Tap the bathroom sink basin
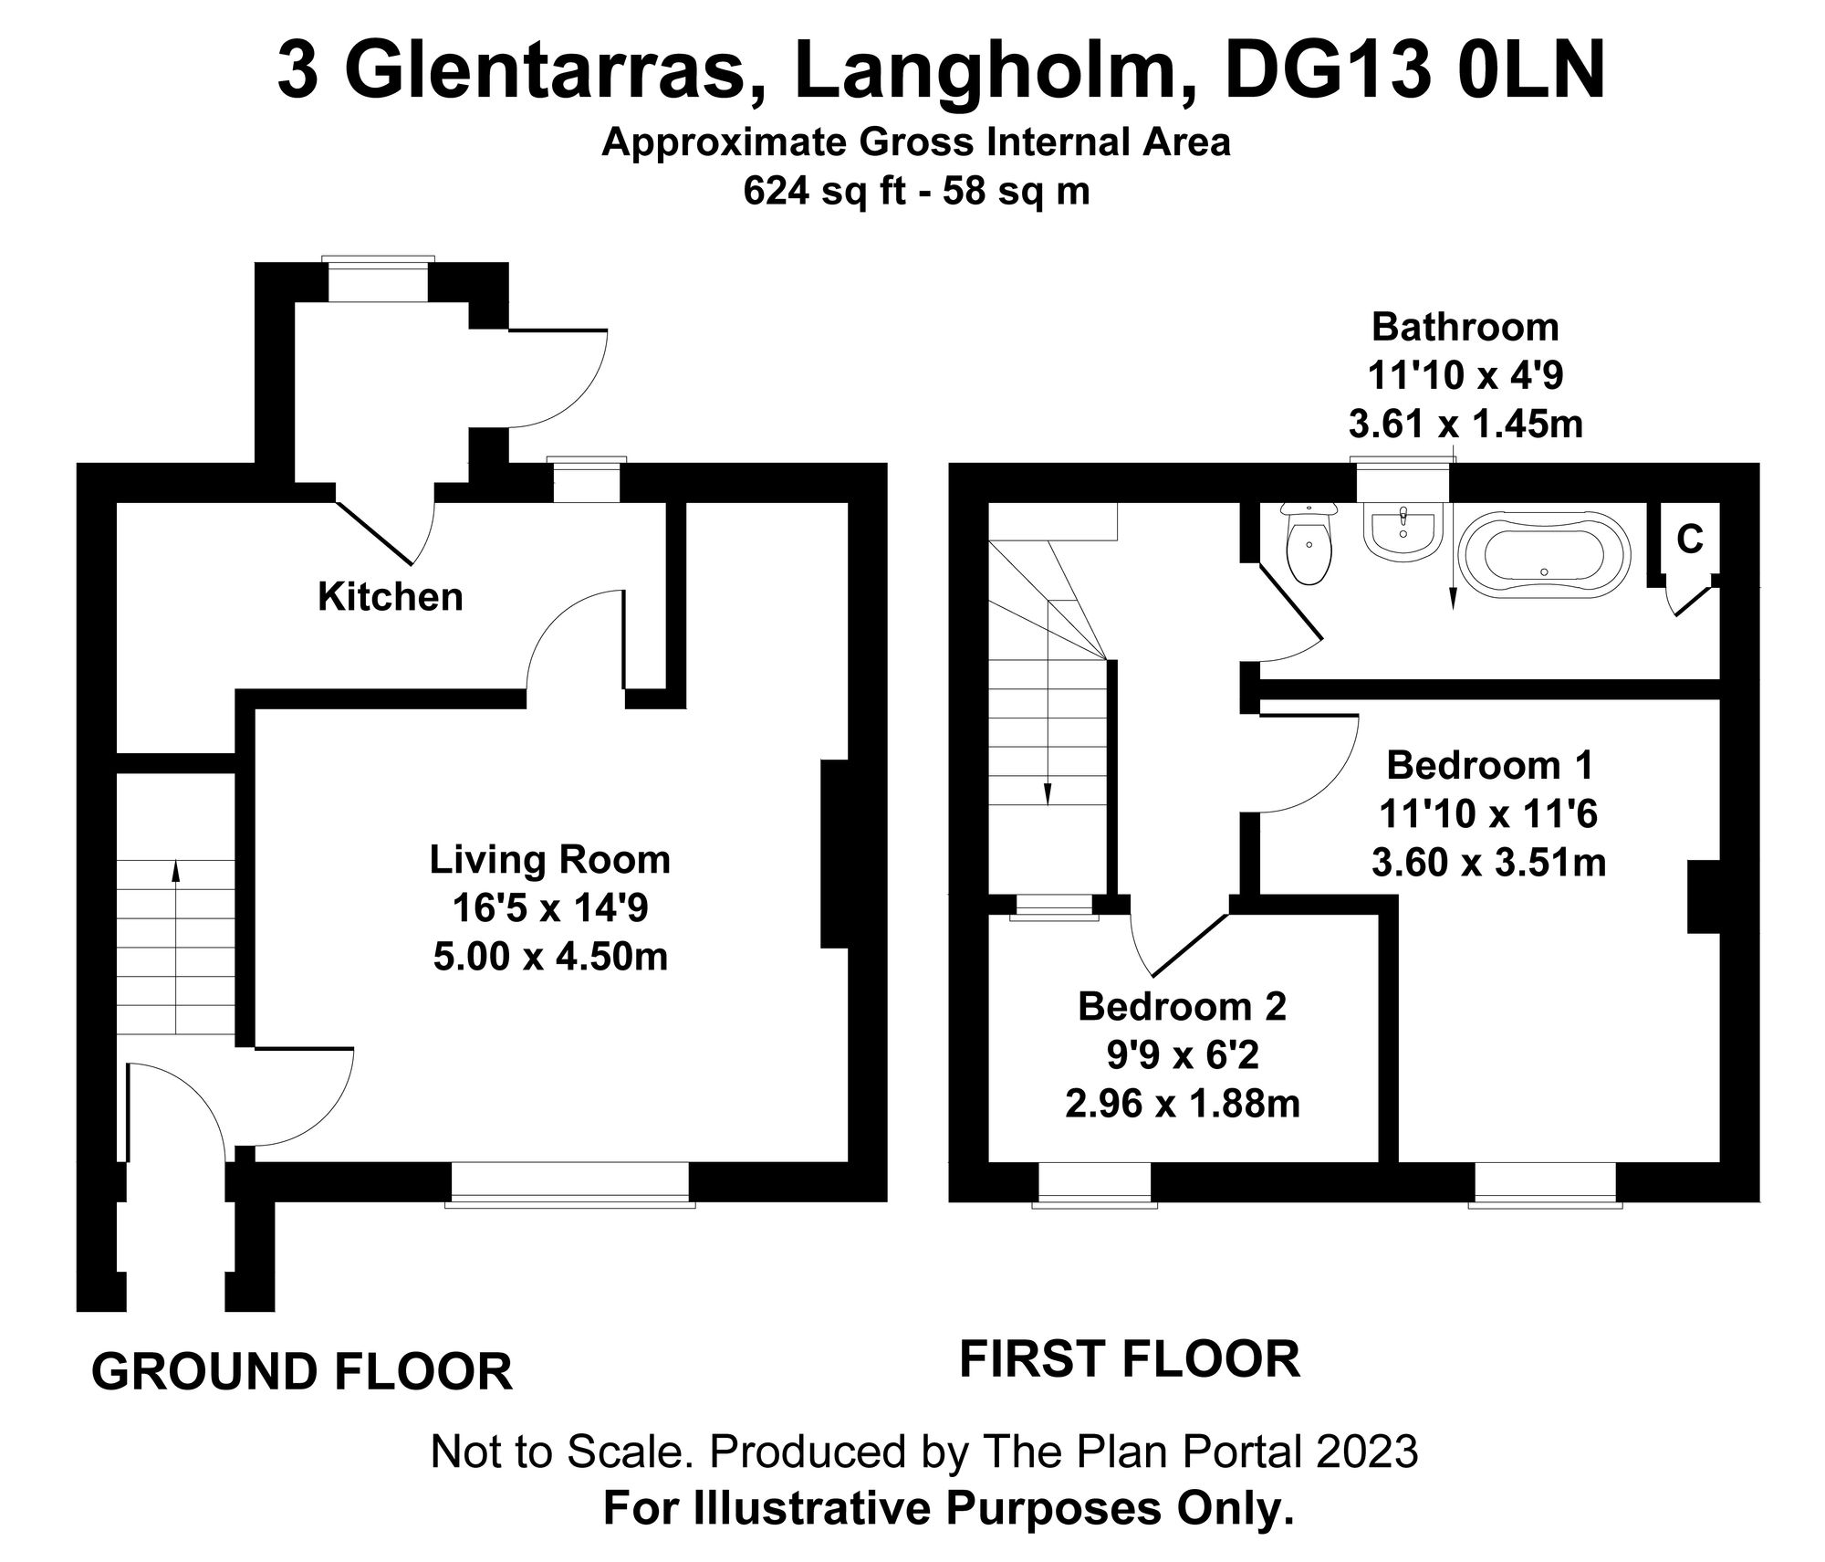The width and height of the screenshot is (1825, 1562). (1403, 534)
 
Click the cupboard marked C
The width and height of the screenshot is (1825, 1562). (1690, 540)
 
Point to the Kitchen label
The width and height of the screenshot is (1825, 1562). (391, 597)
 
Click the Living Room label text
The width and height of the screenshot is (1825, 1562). (549, 859)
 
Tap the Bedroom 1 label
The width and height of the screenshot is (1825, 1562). (1489, 765)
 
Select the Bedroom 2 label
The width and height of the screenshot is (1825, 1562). (1182, 1006)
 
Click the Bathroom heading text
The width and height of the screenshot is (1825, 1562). (1465, 327)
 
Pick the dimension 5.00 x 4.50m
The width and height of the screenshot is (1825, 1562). (550, 957)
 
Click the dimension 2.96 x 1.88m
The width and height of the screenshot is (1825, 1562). (1182, 1105)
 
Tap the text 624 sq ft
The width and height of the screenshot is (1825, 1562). (820, 192)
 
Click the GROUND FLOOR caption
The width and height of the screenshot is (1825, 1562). (302, 1371)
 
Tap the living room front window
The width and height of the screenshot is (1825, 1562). (570, 1185)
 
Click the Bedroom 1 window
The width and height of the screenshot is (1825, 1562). (1545, 1185)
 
